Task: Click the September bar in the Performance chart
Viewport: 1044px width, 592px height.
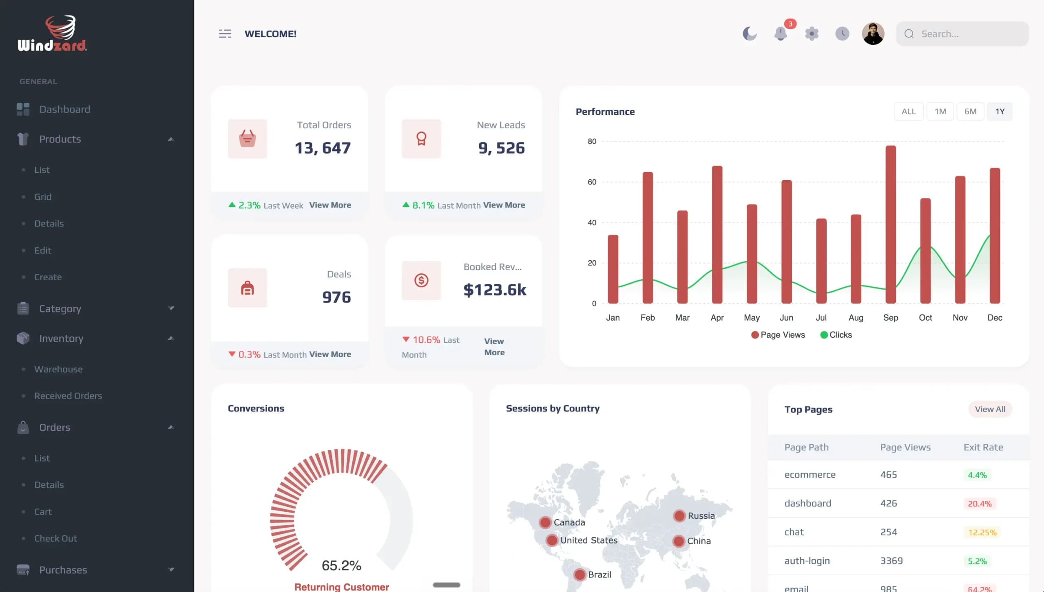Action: [x=891, y=224]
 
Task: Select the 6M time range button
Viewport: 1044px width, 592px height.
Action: [x=970, y=111]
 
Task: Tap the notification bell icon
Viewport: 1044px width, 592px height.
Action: [x=781, y=33]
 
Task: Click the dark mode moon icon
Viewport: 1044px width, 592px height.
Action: [x=750, y=33]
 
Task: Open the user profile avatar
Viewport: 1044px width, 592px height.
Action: [x=873, y=33]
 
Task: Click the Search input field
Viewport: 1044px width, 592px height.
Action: [x=962, y=34]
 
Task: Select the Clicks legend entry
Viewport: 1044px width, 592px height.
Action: [x=836, y=335]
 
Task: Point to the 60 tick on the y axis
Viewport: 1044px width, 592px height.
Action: [x=592, y=182]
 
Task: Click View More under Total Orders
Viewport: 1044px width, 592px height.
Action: [x=330, y=205]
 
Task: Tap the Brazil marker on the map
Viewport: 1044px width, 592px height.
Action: [x=580, y=574]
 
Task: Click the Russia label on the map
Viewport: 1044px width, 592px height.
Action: [x=701, y=516]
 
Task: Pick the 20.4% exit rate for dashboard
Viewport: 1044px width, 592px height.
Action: [x=980, y=504]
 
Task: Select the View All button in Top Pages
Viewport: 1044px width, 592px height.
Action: [x=990, y=409]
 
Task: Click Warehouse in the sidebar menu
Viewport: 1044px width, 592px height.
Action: [x=58, y=369]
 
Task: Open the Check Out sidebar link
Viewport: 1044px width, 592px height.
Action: [x=55, y=538]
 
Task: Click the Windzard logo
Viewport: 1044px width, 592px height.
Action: [x=52, y=33]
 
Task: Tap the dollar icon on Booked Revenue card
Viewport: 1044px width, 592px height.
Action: [x=421, y=280]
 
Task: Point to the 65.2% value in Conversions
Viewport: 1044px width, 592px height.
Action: [x=341, y=565]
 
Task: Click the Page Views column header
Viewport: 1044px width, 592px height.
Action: [x=905, y=447]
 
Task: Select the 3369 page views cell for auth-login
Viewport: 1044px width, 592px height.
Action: [x=891, y=561]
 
